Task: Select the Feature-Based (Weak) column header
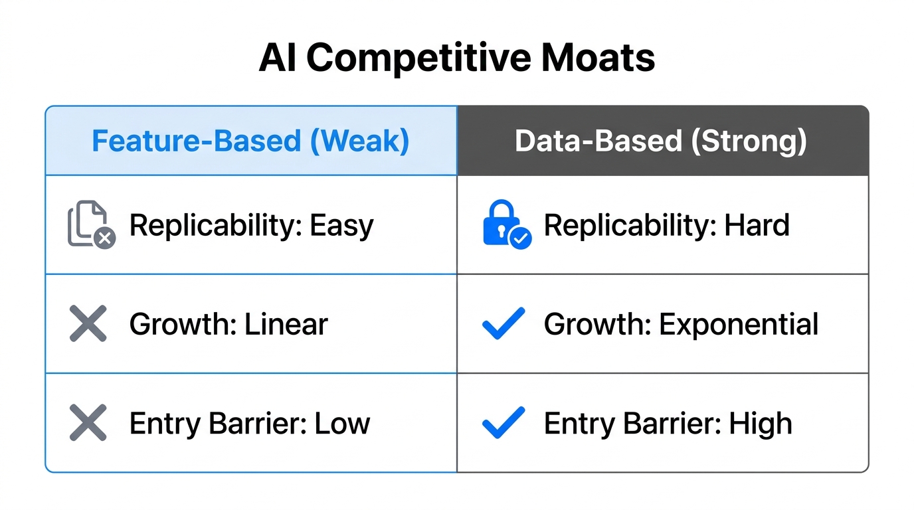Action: (x=250, y=141)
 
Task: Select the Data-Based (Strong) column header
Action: (x=662, y=141)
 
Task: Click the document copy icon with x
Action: (x=91, y=225)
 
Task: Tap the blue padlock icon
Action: (x=504, y=224)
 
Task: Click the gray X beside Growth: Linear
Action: (x=88, y=324)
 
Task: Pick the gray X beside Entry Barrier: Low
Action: (x=88, y=423)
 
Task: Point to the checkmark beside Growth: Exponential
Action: (x=503, y=323)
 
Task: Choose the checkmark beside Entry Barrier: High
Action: (x=503, y=423)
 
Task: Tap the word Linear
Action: (x=286, y=325)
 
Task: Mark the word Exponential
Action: (x=739, y=325)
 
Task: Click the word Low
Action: (x=343, y=424)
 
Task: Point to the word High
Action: (x=761, y=424)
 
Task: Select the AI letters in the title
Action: (x=278, y=58)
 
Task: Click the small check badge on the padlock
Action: (x=520, y=237)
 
